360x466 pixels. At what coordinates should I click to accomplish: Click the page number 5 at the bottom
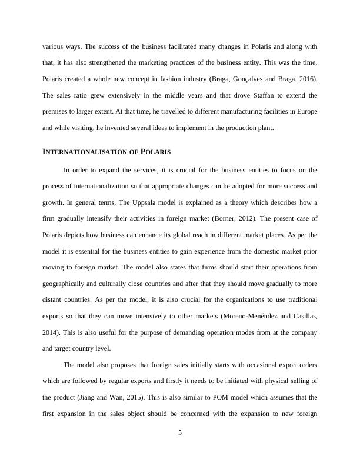click(x=180, y=433)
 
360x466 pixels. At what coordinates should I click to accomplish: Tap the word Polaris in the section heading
click(x=156, y=151)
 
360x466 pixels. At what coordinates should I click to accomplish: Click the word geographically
click(x=67, y=283)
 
